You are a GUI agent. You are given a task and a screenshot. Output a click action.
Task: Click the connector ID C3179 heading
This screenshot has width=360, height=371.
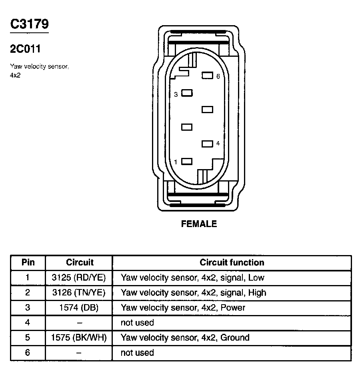click(x=29, y=24)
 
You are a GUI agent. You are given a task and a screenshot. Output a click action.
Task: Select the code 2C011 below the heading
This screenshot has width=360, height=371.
click(x=25, y=49)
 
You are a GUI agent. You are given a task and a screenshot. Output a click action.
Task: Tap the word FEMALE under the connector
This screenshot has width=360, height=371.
click(x=199, y=224)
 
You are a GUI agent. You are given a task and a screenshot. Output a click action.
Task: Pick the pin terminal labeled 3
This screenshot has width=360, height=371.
click(x=187, y=93)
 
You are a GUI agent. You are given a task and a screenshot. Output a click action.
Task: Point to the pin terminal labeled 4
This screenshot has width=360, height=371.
click(x=207, y=144)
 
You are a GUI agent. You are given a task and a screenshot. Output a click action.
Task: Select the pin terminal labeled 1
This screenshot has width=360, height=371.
click(x=187, y=161)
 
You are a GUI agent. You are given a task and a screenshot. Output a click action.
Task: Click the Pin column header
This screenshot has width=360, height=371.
click(x=28, y=263)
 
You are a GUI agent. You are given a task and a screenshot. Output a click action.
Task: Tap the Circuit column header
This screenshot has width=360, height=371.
click(x=80, y=263)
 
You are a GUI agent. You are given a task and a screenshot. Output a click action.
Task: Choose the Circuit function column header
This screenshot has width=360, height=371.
click(x=232, y=263)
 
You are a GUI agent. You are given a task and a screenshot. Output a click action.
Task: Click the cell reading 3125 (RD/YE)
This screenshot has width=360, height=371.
click(x=79, y=277)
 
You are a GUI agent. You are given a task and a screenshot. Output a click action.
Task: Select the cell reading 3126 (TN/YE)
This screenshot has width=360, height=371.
click(x=79, y=293)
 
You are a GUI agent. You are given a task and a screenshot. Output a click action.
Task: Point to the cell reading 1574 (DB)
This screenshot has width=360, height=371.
click(x=79, y=307)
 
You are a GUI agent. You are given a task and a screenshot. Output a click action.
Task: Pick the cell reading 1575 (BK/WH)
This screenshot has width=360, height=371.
click(x=79, y=337)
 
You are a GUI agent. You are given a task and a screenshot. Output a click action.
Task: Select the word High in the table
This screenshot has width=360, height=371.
click(x=257, y=293)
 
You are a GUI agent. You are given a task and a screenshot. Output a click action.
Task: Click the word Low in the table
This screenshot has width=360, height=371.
click(x=256, y=277)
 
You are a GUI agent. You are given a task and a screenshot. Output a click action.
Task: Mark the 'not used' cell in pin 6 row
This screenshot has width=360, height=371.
click(x=137, y=353)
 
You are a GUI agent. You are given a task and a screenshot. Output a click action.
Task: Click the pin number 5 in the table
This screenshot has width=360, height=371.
click(x=28, y=337)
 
